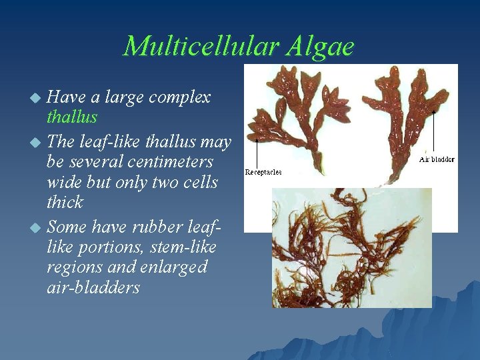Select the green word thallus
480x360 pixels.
click(x=72, y=117)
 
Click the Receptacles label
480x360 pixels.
click(x=263, y=172)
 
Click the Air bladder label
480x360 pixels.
click(x=437, y=159)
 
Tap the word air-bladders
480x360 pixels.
click(x=93, y=287)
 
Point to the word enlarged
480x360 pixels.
click(x=174, y=267)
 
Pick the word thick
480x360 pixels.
click(x=65, y=202)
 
